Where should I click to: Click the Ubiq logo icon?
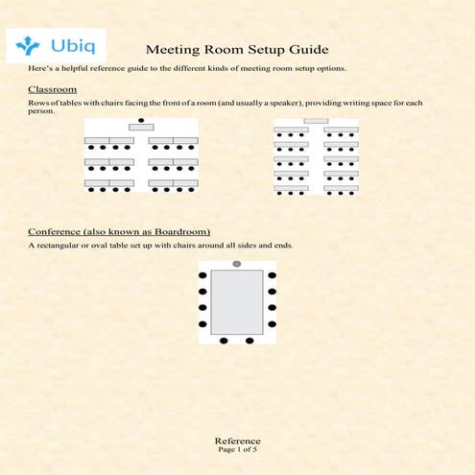click(28, 44)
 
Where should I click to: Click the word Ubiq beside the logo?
click(69, 44)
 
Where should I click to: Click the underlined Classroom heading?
click(52, 89)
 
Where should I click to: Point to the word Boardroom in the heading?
click(174, 231)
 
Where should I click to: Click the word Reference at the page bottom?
click(237, 440)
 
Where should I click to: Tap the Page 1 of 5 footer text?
click(237, 449)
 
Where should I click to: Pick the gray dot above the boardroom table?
click(237, 264)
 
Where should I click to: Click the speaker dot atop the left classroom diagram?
click(141, 120)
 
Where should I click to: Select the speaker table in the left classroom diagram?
click(141, 128)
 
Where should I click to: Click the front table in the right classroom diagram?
click(316, 121)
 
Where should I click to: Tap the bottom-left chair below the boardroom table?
click(224, 341)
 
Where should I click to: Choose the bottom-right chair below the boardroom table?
click(249, 341)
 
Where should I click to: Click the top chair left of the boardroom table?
click(202, 276)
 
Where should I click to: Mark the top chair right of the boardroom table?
click(273, 276)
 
